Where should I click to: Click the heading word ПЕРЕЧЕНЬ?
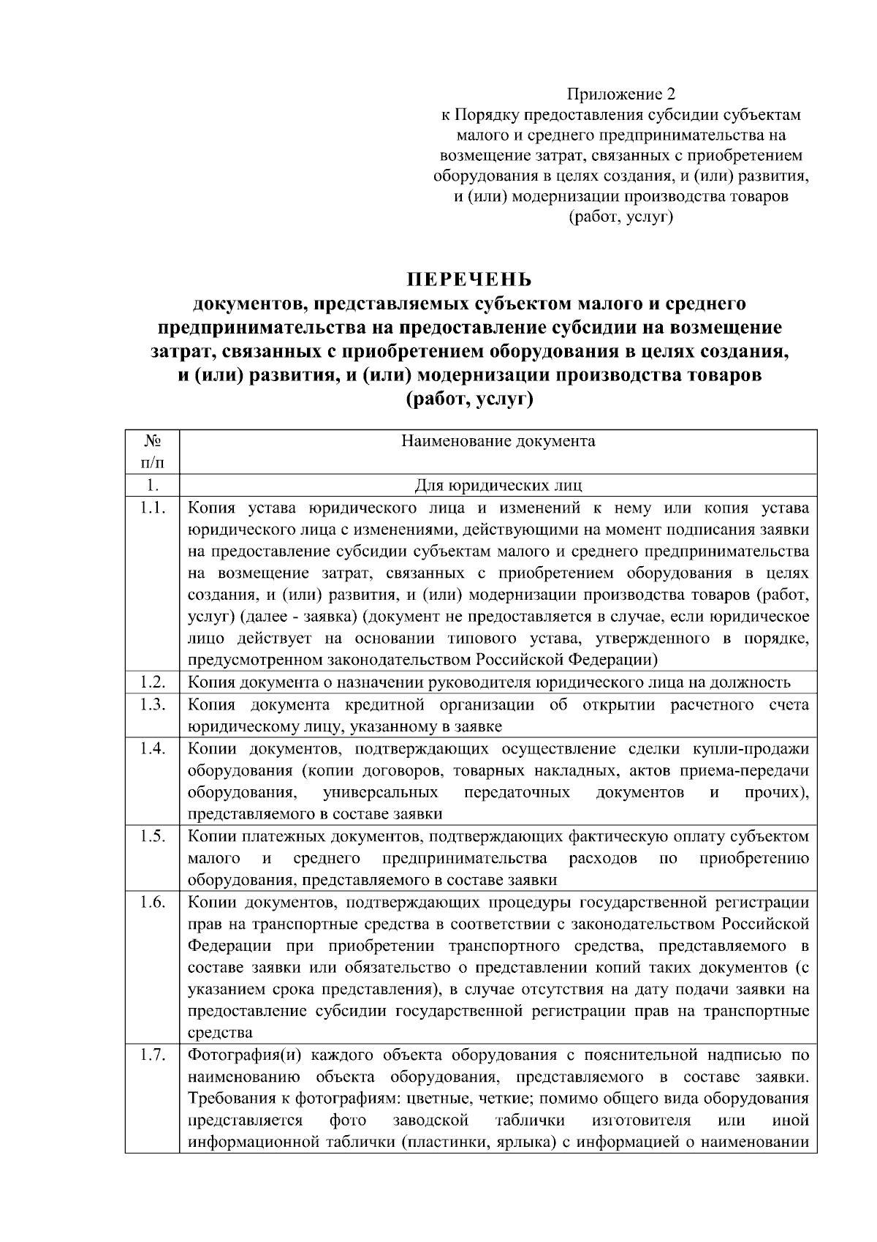(469, 280)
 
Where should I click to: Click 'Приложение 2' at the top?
(621, 94)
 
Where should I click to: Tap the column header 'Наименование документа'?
(498, 441)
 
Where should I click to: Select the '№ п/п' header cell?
(152, 451)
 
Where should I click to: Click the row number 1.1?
(152, 508)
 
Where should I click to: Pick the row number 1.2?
(152, 682)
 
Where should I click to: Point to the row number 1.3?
(152, 704)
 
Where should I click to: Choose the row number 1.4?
(152, 748)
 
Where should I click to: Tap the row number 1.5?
(152, 836)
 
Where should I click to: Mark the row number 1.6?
(152, 902)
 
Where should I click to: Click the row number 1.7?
(152, 1055)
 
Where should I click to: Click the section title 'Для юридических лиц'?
(498, 485)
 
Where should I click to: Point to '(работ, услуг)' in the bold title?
(469, 400)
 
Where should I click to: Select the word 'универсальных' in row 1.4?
(380, 792)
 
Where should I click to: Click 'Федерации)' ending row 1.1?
(623, 660)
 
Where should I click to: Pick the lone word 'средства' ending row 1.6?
(220, 1033)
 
